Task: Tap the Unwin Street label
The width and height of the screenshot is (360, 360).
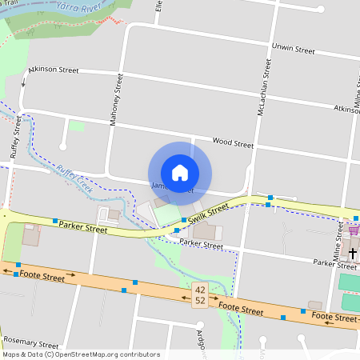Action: [294, 50]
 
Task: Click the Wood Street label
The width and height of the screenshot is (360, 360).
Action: [233, 144]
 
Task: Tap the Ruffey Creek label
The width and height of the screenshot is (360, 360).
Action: [74, 179]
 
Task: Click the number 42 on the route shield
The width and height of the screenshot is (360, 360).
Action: [199, 289]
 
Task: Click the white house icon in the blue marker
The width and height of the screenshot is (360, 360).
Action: [179, 173]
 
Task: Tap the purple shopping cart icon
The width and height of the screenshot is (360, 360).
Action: [354, 230]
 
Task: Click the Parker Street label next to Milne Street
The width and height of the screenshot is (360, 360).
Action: [334, 262]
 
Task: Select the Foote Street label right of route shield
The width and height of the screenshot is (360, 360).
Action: [241, 308]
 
